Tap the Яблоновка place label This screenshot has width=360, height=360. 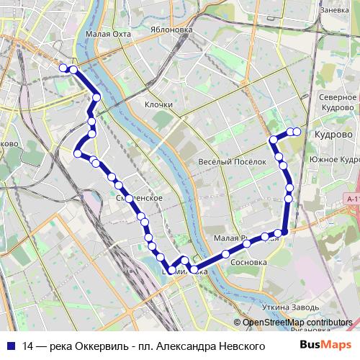(x=172, y=30)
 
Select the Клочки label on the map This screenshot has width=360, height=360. (x=158, y=104)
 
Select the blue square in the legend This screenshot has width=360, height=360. (x=9, y=346)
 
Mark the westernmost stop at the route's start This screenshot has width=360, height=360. (x=63, y=68)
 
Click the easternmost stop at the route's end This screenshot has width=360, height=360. (x=297, y=131)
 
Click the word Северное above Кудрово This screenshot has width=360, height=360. (x=336, y=97)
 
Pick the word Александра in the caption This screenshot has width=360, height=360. (x=181, y=346)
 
